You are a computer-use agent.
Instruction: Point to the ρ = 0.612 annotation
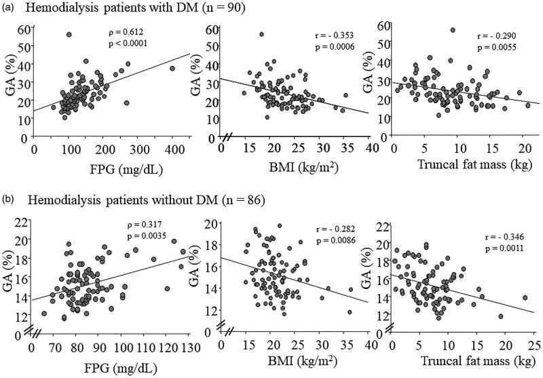tap(127, 32)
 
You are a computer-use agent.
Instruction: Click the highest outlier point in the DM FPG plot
tap(69, 35)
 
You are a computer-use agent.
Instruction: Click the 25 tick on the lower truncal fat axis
tap(534, 346)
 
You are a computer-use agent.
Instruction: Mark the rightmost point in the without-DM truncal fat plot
tap(525, 298)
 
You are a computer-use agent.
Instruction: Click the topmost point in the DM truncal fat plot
tap(453, 30)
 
